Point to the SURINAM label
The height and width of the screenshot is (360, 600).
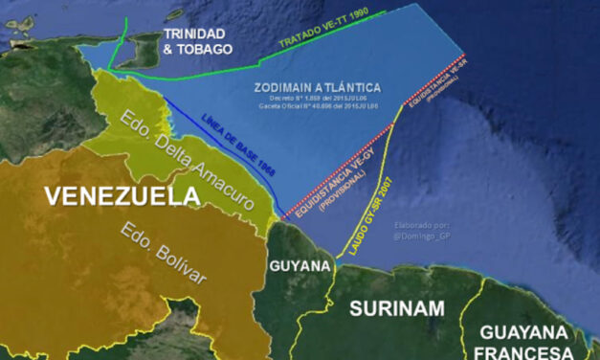click(x=396, y=307)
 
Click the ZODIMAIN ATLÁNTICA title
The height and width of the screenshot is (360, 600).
click(x=319, y=87)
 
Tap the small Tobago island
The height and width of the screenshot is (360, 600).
click(x=174, y=14)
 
